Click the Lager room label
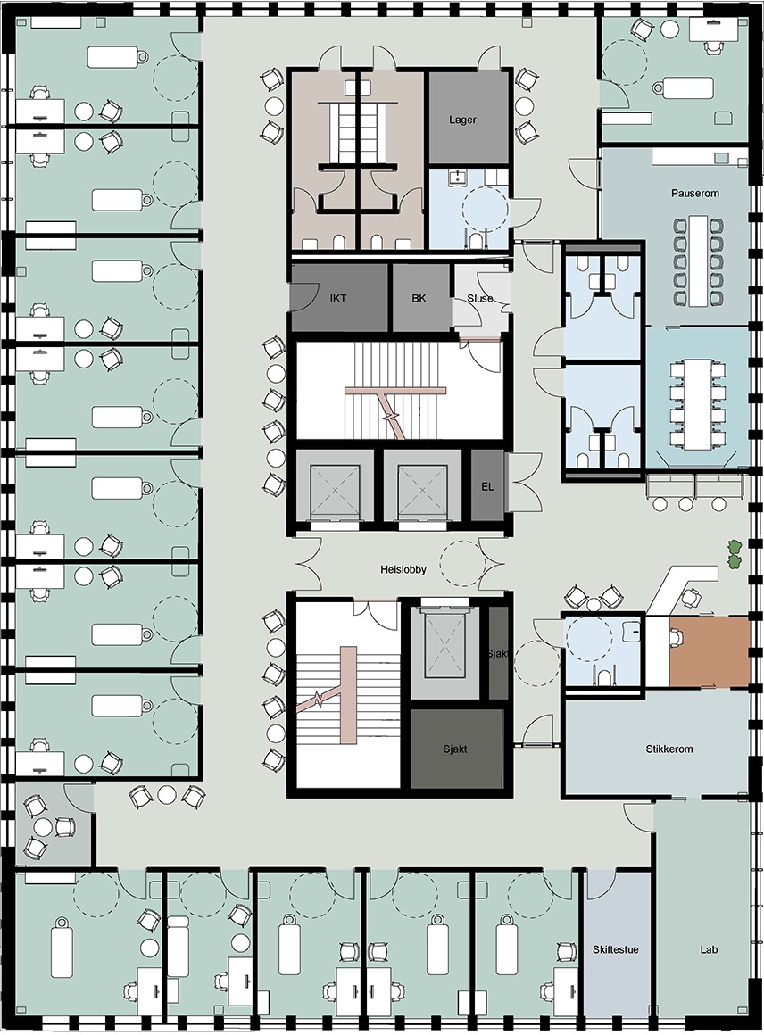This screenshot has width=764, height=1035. click(462, 120)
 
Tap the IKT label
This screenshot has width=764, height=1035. click(338, 298)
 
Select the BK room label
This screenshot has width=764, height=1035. click(419, 298)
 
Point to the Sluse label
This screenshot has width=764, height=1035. click(480, 298)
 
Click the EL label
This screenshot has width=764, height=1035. click(487, 487)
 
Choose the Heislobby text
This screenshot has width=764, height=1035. click(403, 569)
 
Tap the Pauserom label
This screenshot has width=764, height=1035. click(694, 194)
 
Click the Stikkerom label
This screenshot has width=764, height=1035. click(668, 749)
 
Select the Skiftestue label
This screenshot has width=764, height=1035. click(616, 950)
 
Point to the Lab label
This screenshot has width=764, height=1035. click(709, 950)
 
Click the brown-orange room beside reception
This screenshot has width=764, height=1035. click(710, 652)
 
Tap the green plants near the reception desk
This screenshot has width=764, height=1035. click(734, 554)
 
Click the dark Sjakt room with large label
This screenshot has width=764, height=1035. click(456, 749)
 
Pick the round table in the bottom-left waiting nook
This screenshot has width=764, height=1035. click(45, 827)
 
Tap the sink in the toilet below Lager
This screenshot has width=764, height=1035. click(456, 177)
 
